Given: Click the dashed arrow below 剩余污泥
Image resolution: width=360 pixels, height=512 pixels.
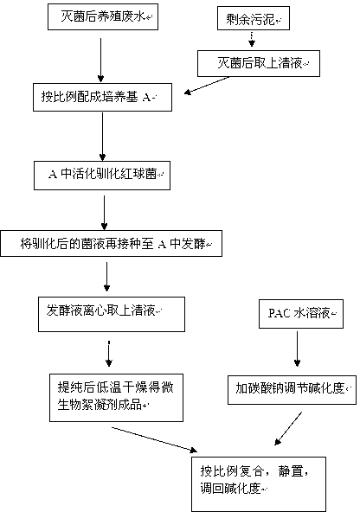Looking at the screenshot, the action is click(x=252, y=39).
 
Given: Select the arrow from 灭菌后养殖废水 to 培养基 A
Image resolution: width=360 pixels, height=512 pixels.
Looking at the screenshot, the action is click(x=100, y=60).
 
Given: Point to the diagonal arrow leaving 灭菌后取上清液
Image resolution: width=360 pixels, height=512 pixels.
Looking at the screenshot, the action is click(x=207, y=86).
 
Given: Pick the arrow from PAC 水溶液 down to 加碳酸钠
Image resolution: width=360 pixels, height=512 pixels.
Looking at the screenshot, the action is click(x=297, y=349).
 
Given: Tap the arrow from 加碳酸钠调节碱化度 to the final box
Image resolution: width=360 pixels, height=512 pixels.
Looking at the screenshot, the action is click(x=288, y=428).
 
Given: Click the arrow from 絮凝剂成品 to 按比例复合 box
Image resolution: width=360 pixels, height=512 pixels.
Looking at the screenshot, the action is click(x=155, y=439).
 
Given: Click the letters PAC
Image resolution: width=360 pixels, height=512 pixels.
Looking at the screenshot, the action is click(x=280, y=313).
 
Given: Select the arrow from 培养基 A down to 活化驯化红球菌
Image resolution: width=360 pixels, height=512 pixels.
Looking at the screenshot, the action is click(x=103, y=137).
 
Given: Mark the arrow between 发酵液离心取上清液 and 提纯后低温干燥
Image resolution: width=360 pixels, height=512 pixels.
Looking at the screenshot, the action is click(x=109, y=354).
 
